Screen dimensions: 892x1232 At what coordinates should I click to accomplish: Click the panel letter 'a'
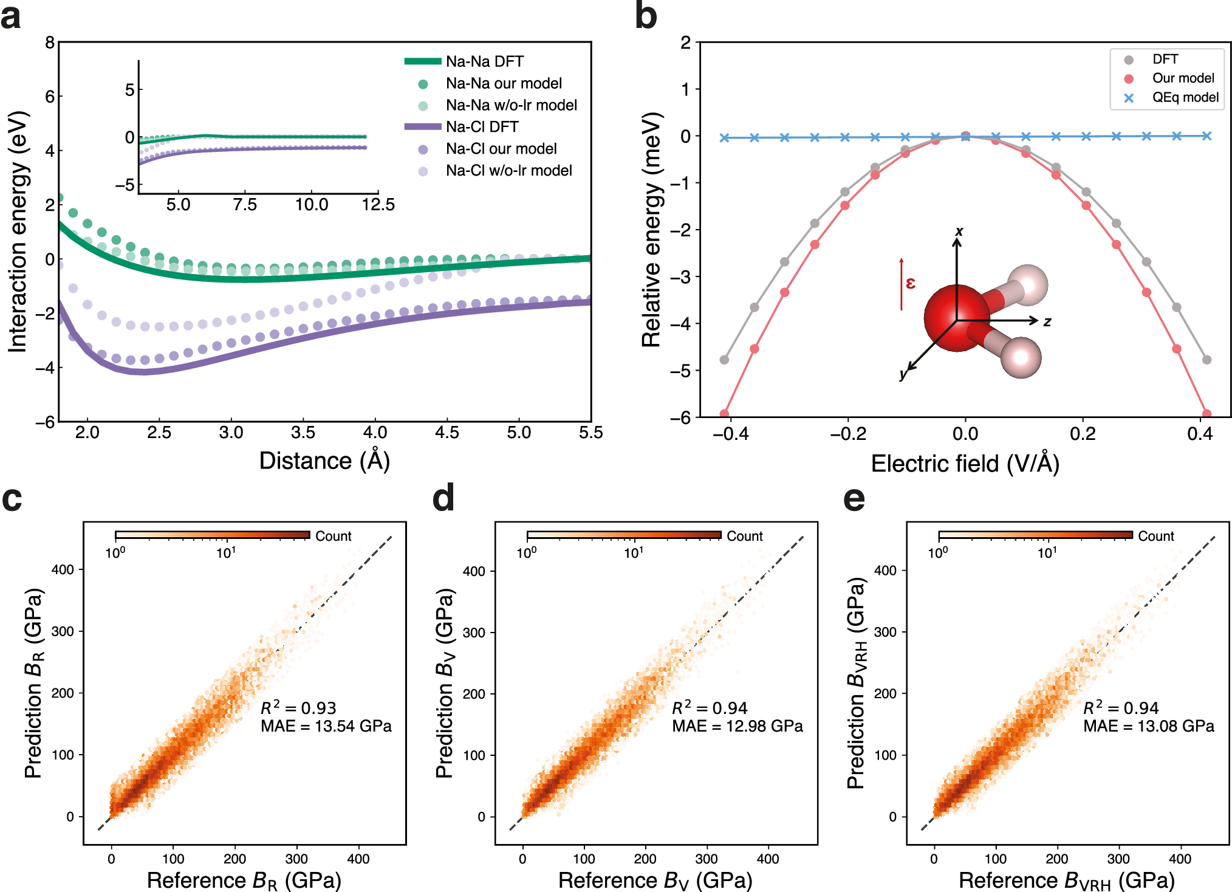(10, 16)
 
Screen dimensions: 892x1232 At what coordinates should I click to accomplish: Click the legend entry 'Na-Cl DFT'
(482, 127)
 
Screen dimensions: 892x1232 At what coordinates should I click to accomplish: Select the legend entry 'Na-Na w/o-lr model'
(511, 105)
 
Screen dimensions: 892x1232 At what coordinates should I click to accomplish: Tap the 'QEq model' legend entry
(1185, 98)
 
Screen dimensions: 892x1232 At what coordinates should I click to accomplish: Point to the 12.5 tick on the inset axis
(378, 205)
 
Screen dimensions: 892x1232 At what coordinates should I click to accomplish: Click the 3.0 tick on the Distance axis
(231, 433)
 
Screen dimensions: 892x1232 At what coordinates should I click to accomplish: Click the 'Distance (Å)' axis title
(324, 461)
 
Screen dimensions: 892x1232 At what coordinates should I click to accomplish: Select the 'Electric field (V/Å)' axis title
(965, 464)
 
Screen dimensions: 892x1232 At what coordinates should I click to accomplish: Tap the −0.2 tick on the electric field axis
(848, 434)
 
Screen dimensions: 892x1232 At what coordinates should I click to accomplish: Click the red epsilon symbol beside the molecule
(910, 283)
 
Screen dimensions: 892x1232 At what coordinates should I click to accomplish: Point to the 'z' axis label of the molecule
(1047, 322)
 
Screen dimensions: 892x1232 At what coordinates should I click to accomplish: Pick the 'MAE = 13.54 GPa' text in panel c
(326, 727)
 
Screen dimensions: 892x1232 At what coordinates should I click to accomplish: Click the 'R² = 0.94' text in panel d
(710, 708)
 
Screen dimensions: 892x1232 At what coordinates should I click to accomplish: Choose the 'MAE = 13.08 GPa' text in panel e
(1148, 727)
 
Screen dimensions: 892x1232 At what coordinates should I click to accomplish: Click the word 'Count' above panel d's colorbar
(744, 537)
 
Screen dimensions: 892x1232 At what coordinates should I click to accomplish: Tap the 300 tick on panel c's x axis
(296, 859)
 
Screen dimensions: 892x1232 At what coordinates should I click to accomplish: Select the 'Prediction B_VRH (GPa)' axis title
(856, 684)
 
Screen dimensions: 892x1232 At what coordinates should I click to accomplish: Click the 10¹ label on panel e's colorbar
(1047, 553)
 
